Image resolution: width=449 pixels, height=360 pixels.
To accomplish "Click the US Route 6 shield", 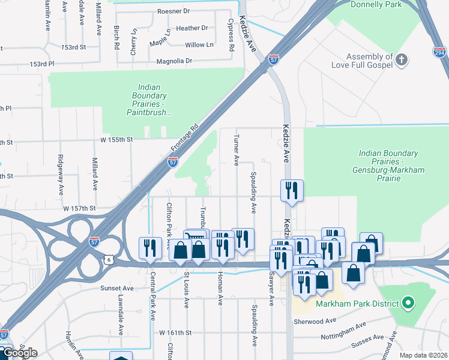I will point(107,258).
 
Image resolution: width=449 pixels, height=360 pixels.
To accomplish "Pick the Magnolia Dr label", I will point(174,61).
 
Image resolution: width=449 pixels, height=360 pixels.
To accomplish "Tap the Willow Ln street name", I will point(199,45).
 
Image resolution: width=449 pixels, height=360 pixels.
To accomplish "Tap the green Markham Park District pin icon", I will point(408,302).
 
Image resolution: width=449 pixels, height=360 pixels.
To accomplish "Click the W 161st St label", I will point(175,332).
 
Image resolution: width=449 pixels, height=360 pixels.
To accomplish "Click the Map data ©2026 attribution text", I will point(423,355).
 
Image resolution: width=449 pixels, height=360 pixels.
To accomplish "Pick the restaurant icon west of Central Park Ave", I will point(150,248).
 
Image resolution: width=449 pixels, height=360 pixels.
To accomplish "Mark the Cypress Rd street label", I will point(231,35).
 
